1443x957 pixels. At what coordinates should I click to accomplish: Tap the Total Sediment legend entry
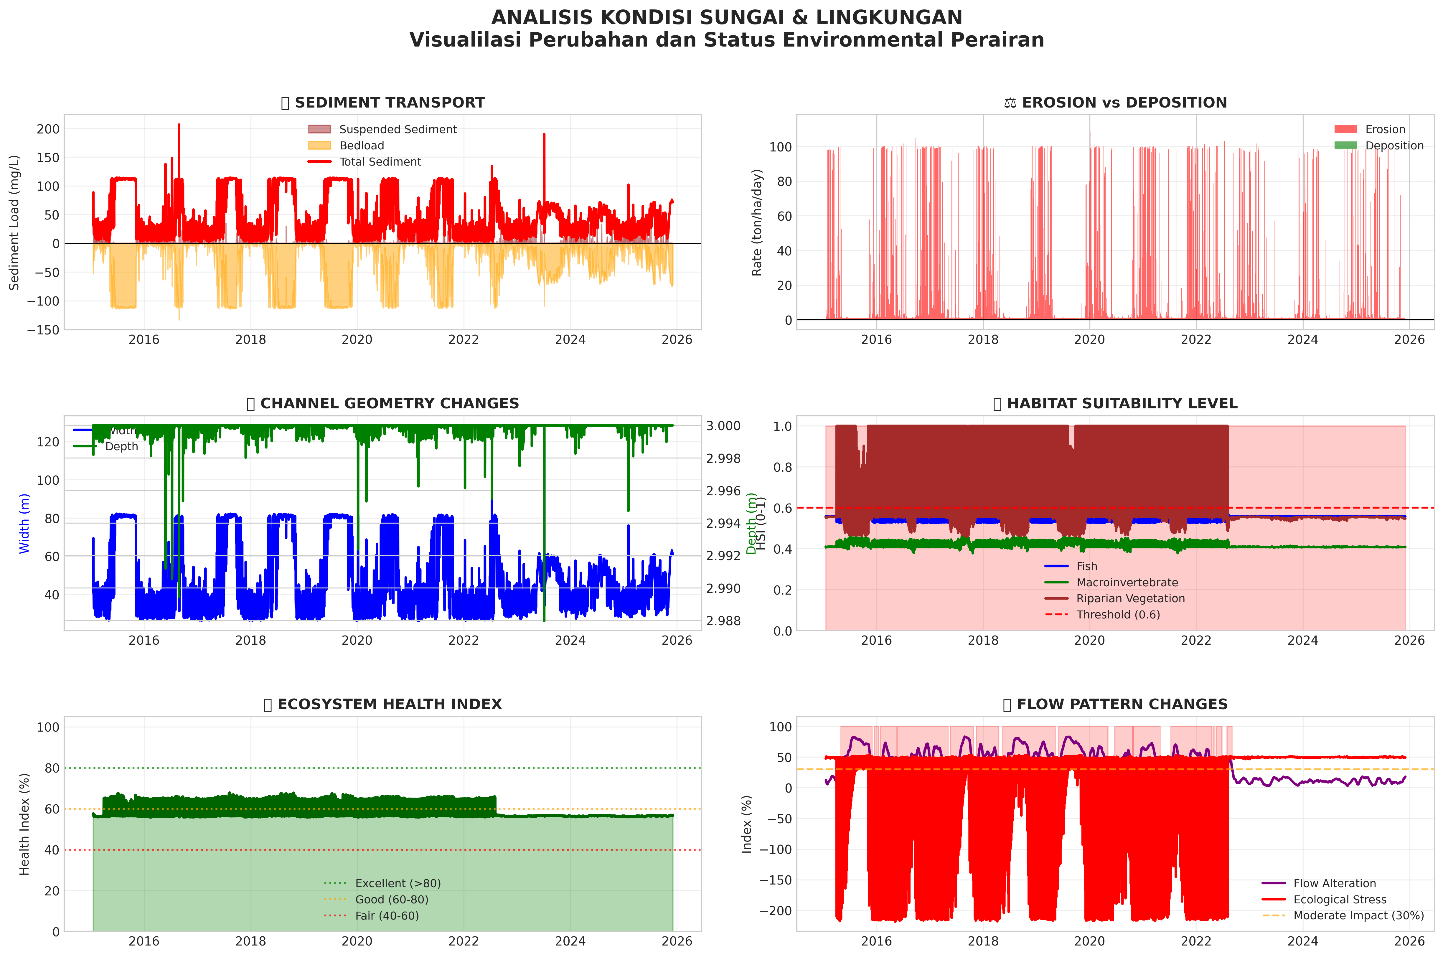(x=380, y=162)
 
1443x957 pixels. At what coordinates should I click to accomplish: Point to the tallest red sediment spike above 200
(x=179, y=125)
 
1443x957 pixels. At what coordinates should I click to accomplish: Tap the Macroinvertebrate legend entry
(x=1127, y=582)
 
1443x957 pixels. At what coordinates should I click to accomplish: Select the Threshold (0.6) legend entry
(x=1118, y=615)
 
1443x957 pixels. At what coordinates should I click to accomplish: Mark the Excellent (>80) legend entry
(x=398, y=883)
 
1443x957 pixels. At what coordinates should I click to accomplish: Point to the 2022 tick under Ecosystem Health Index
(x=463, y=940)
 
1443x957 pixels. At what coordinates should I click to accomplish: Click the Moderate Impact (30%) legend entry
(x=1358, y=915)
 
